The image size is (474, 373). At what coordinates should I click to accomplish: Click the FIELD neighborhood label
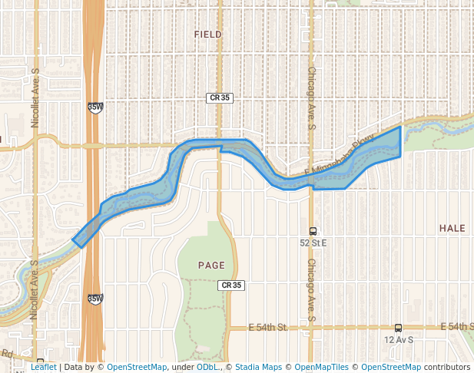point(207,35)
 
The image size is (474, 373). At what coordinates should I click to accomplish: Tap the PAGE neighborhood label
point(211,266)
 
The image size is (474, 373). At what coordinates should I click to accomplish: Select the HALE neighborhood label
point(452,229)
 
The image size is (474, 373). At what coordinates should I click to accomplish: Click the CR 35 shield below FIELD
point(220,97)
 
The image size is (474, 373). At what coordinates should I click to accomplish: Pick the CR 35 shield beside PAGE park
point(231,286)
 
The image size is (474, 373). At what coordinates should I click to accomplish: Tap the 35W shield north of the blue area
point(95,107)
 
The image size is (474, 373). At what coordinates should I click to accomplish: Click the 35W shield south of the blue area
point(95,299)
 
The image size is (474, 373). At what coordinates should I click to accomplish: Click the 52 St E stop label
point(313,243)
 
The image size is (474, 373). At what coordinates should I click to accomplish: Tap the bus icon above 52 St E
point(313,231)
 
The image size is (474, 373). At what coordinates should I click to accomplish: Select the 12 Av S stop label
point(399,339)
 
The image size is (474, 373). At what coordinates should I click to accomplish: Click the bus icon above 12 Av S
point(398,328)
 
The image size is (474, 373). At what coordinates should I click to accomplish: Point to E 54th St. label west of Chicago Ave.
point(267,328)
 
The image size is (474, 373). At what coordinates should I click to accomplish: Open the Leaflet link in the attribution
point(43,368)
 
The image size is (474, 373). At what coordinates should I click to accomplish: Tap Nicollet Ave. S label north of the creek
point(35,98)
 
